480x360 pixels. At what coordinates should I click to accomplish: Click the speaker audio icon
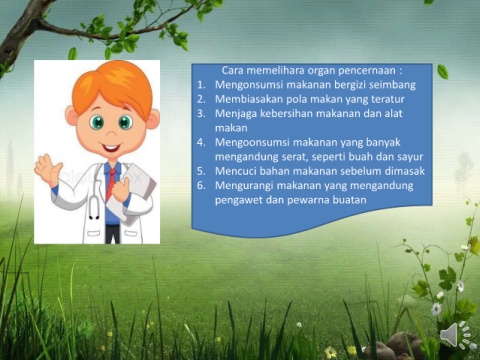tap(454, 334)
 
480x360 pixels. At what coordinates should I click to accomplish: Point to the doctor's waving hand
tap(48, 169)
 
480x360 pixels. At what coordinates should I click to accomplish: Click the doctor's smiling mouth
tap(110, 147)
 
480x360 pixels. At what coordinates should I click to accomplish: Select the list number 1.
tap(201, 85)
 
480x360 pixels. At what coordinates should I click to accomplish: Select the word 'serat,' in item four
tap(292, 157)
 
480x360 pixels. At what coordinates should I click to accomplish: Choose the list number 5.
tap(201, 171)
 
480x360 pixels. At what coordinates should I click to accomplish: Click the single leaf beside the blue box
tap(443, 71)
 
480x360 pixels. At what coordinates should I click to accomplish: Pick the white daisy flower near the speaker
tap(436, 309)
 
